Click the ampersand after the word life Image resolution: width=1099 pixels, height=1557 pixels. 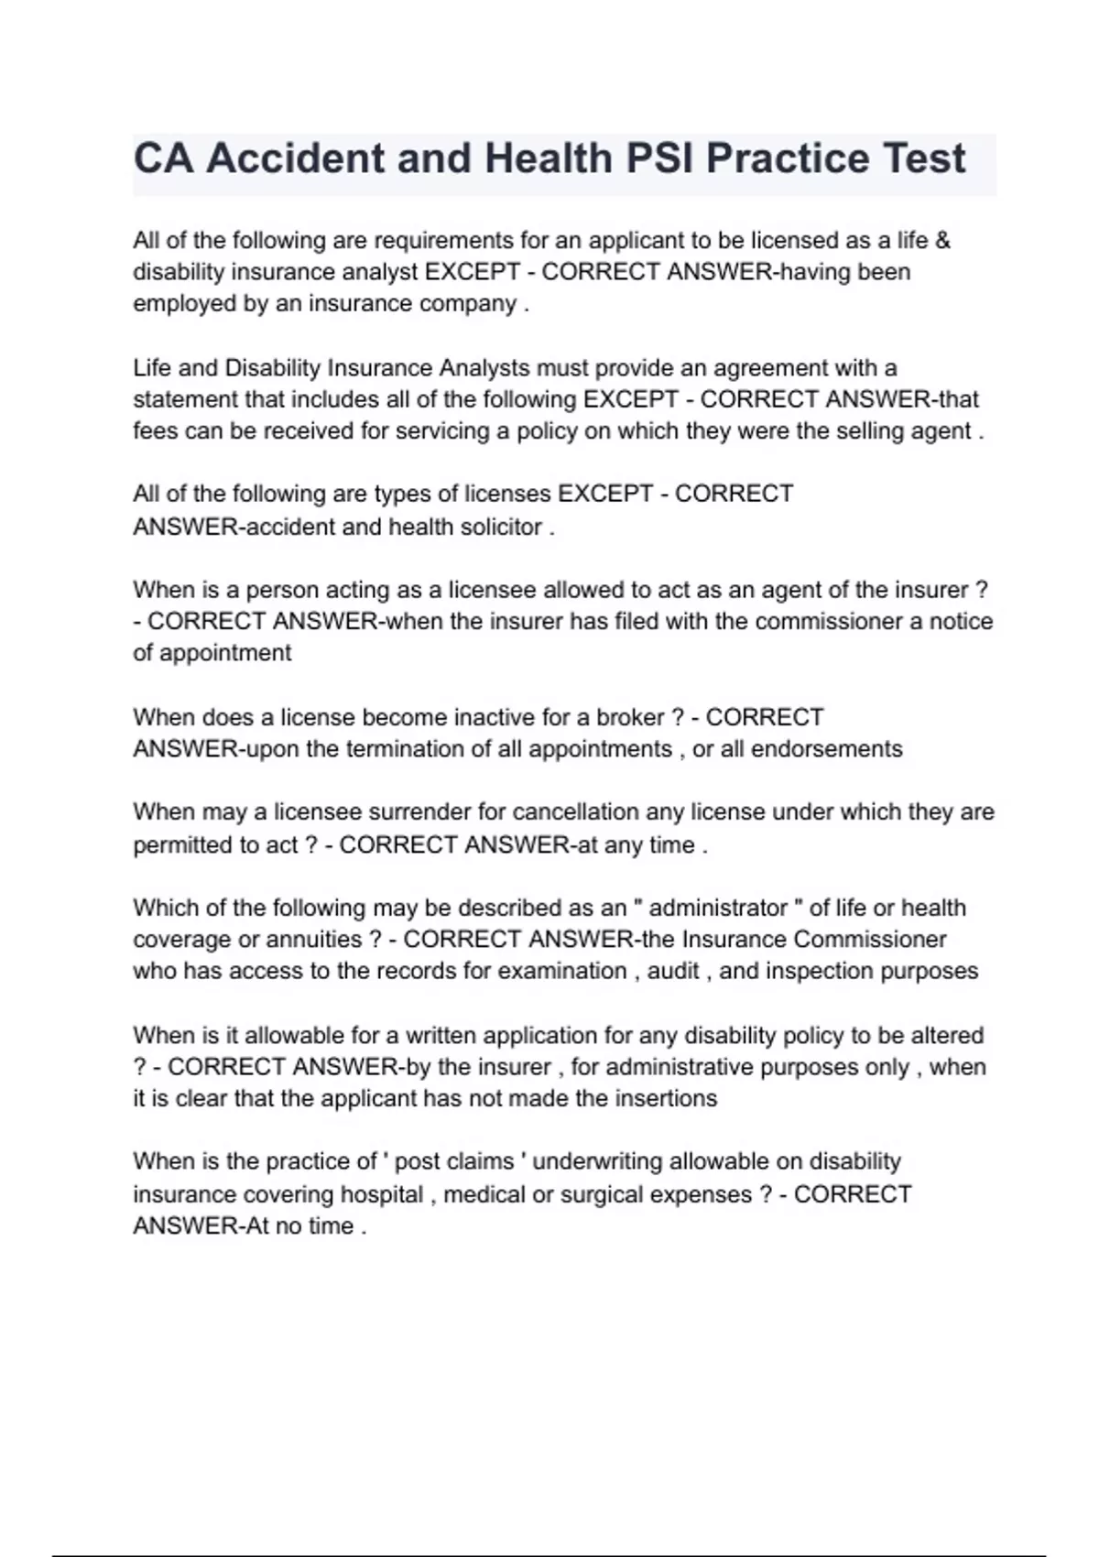coord(942,240)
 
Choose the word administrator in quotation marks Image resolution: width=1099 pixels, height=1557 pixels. coord(718,909)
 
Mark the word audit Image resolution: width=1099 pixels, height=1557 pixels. coord(673,972)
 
